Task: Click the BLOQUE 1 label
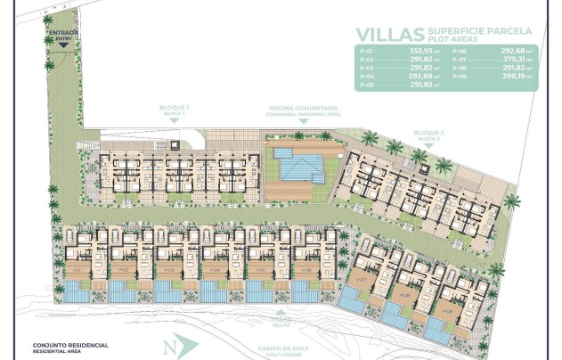pos(175,109)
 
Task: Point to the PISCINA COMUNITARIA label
pos(298,109)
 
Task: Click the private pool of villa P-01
pos(76,291)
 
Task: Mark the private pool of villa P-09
pos(437,331)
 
